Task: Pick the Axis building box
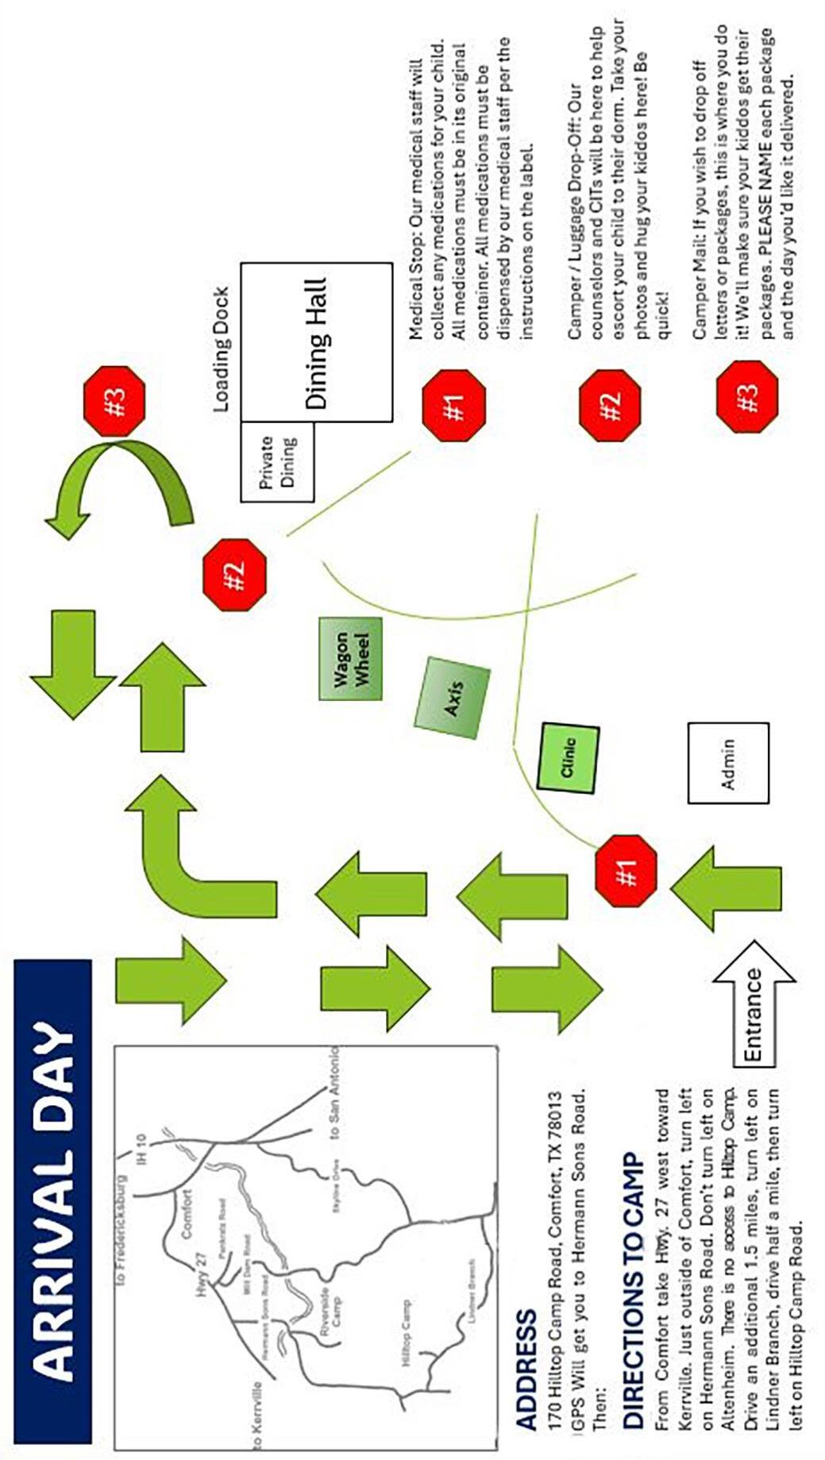click(452, 697)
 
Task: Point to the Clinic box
click(569, 757)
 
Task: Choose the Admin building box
click(728, 763)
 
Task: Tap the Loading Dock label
click(222, 349)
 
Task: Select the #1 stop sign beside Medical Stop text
click(453, 405)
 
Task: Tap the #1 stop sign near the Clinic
click(626, 871)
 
